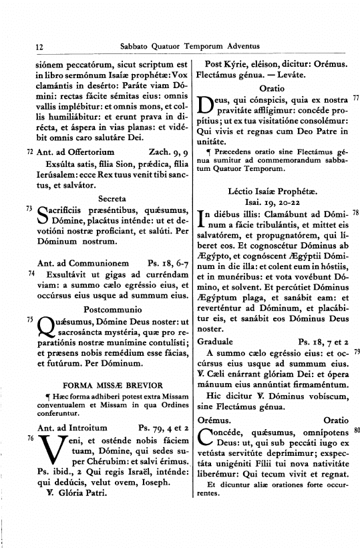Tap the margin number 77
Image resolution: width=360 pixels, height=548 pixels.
pyautogui.click(x=356, y=98)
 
